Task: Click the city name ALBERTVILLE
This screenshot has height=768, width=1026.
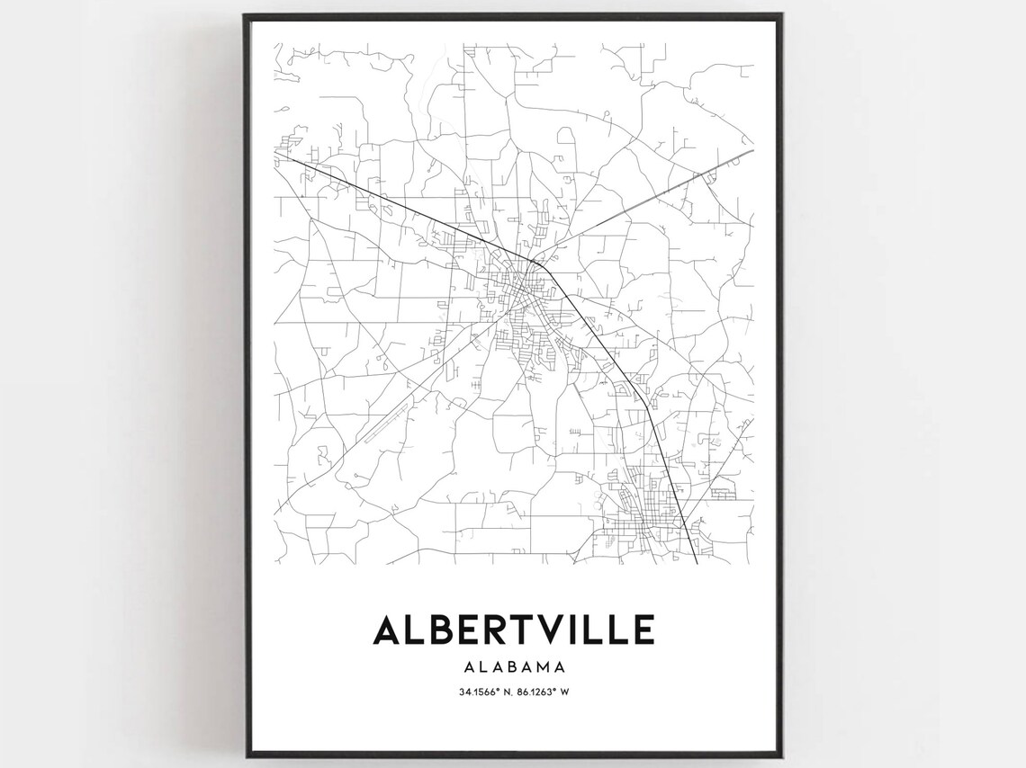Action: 513,630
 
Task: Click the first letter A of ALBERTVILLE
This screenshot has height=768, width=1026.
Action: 389,630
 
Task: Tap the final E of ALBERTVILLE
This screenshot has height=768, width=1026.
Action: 642,630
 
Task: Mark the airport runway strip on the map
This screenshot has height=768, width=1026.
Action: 383,423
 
